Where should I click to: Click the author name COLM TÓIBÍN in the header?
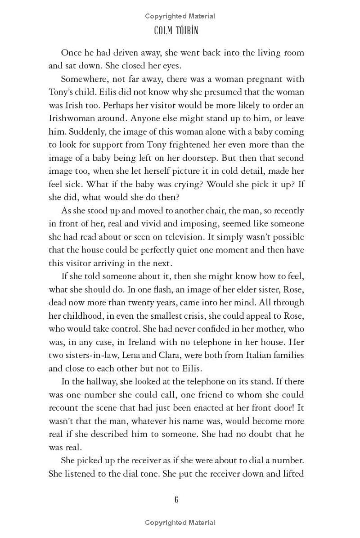(180, 31)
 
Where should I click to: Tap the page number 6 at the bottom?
(176, 500)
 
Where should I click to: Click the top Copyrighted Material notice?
(180, 16)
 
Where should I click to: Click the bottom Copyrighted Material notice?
(180, 523)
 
